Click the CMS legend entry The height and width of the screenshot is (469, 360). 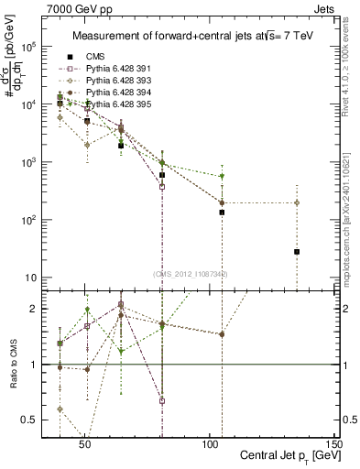point(93,56)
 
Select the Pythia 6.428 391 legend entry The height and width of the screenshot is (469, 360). point(116,69)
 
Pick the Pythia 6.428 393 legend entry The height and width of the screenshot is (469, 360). point(116,81)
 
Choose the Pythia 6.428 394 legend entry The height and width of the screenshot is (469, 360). point(116,93)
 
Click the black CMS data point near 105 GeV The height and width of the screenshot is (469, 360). point(222,213)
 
